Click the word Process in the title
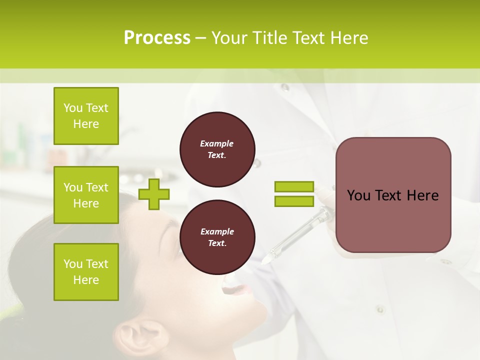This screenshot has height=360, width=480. [157, 38]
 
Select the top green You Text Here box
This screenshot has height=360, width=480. [86, 116]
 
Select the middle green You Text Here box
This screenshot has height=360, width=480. [86, 195]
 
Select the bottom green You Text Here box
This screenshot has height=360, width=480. [86, 272]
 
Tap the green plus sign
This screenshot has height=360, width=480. [154, 194]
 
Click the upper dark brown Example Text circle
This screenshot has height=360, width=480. [217, 149]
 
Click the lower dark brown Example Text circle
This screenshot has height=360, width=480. [217, 237]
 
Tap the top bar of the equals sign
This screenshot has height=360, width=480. [294, 186]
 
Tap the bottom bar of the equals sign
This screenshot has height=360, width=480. [294, 201]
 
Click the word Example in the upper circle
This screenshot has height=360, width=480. [216, 143]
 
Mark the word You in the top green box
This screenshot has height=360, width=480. [73, 108]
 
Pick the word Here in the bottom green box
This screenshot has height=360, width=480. [86, 280]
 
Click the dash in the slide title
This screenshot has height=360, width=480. [200, 38]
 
